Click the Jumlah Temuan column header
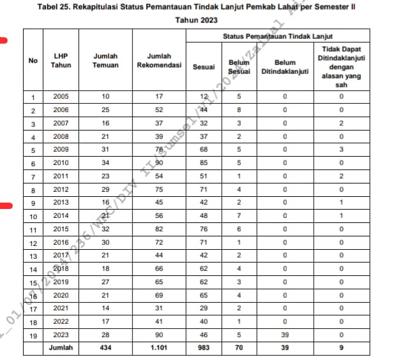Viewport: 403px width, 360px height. click(105, 61)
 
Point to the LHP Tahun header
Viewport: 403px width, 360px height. click(62, 61)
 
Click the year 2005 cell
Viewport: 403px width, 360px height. click(62, 97)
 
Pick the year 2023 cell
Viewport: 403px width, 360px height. click(62, 335)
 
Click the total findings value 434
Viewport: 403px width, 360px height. click(105, 348)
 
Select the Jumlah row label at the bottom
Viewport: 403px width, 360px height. click(62, 348)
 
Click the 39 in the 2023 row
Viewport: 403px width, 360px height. click(284, 335)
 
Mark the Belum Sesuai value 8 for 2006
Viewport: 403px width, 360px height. click(238, 110)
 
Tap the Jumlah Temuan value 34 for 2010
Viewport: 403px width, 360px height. click(105, 162)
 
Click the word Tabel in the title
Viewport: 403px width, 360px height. click(49, 7)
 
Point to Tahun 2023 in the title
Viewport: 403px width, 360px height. click(196, 20)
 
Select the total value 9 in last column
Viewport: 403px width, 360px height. click(341, 348)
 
